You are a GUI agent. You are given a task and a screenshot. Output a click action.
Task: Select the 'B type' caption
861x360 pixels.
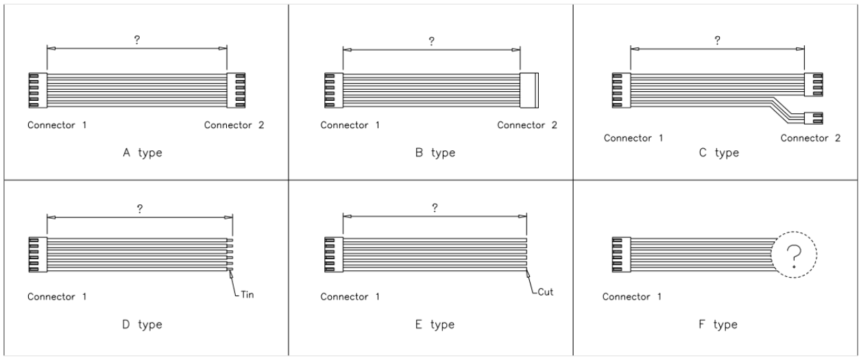pos(430,152)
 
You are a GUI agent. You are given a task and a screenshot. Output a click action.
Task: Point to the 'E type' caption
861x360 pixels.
pos(430,324)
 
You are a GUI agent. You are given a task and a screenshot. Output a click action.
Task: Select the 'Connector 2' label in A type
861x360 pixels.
pos(234,125)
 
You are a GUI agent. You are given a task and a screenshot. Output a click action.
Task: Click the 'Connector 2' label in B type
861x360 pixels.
pos(527,125)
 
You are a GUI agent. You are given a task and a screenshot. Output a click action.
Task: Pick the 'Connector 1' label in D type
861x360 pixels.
pos(57,298)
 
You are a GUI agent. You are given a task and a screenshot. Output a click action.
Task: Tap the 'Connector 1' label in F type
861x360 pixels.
pos(632,298)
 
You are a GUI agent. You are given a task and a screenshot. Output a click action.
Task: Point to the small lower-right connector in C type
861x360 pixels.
pos(813,117)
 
